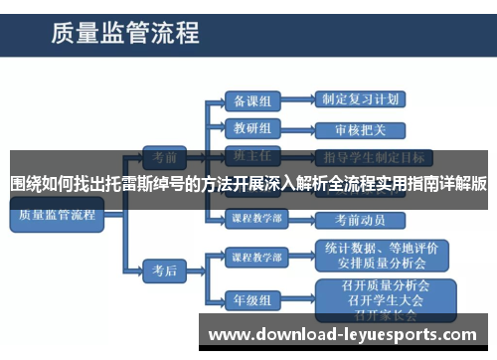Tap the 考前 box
(x=163, y=156)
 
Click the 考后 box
(x=163, y=269)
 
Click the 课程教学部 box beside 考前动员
(x=255, y=219)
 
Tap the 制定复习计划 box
(x=362, y=100)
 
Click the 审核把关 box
(x=362, y=129)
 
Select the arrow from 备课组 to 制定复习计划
(x=299, y=100)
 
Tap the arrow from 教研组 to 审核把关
(x=299, y=129)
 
